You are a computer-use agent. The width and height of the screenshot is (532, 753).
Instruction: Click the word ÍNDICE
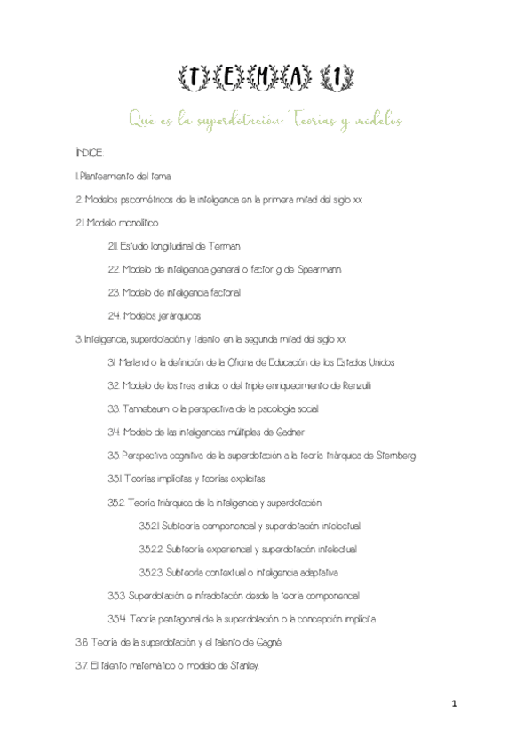pos(90,154)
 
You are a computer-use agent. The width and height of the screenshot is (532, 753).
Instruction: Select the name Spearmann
pos(316,269)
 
